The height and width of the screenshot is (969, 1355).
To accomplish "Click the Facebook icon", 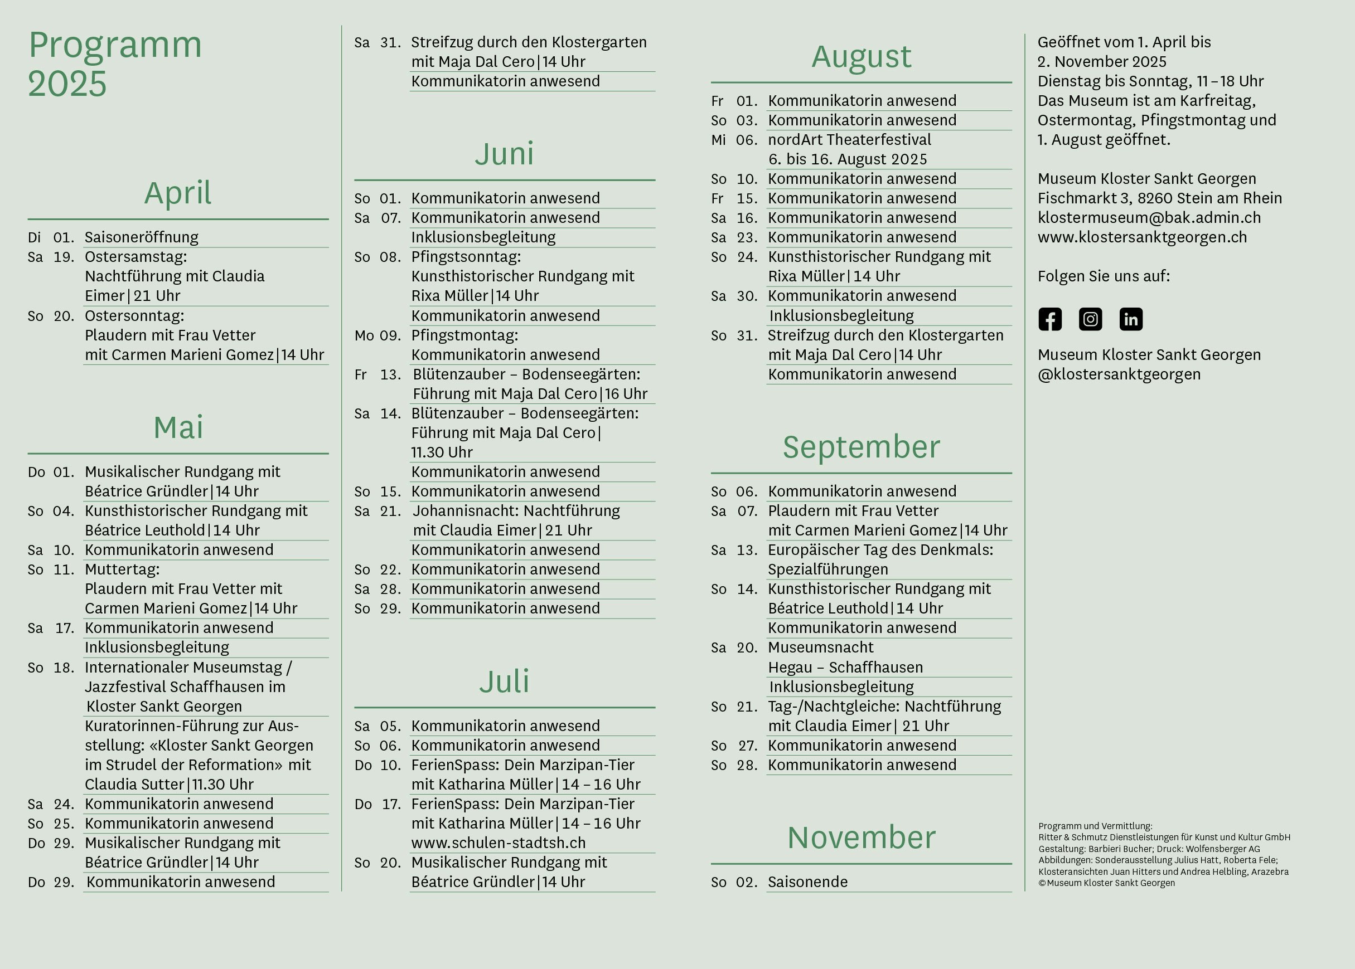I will (1050, 319).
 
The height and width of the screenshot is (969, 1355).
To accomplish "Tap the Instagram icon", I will (1091, 319).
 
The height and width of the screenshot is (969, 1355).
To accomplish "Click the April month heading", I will (178, 193).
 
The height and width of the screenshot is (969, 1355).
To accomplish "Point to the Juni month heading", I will (505, 154).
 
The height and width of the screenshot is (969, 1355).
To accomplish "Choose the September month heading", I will (862, 447).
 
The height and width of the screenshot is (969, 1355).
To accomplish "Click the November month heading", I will (862, 837).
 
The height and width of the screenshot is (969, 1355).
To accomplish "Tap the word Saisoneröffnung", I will (142, 237).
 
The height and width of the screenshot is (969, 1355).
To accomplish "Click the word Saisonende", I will (807, 882).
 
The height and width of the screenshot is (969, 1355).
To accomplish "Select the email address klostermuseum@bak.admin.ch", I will (1149, 218).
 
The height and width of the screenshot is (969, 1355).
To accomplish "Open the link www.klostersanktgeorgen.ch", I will (1142, 237).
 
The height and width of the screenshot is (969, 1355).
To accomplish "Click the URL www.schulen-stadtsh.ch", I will (499, 843).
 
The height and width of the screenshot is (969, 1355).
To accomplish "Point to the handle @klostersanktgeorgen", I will (1119, 374).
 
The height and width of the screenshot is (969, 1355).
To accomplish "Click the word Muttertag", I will (121, 569).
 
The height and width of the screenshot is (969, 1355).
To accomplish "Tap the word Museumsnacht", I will (820, 647).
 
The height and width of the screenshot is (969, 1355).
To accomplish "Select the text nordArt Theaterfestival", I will (849, 140).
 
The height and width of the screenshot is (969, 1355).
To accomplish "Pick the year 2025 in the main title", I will (67, 84).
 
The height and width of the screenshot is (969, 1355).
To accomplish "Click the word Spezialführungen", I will (828, 569).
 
